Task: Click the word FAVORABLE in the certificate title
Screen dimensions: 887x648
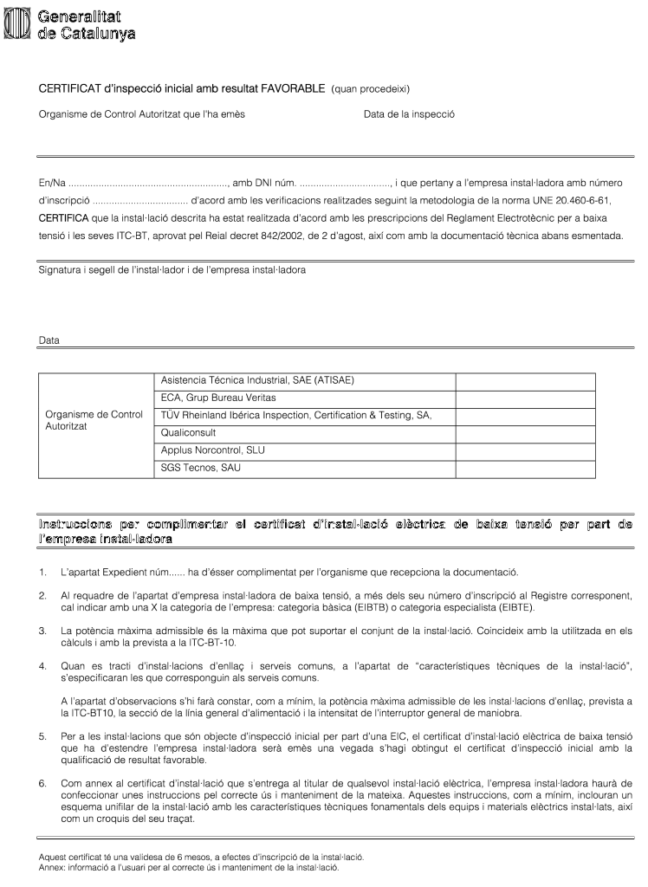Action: (x=293, y=89)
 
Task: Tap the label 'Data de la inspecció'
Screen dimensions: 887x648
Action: (x=409, y=114)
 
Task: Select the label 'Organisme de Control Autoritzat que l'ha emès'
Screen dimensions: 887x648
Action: (x=142, y=114)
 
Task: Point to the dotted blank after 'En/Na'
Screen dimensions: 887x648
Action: (x=147, y=183)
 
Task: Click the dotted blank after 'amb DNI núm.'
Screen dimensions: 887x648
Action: (x=346, y=183)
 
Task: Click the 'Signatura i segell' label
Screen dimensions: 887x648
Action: (x=172, y=270)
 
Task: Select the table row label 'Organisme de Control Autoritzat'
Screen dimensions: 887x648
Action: (x=94, y=421)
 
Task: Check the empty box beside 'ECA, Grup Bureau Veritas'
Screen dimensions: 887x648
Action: (x=525, y=398)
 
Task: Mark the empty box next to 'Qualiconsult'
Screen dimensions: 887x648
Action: (x=525, y=433)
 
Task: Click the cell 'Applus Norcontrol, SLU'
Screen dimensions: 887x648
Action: (x=213, y=450)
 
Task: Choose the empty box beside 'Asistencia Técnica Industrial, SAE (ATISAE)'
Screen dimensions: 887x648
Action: (x=525, y=381)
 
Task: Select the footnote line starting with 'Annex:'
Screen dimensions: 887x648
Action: (x=189, y=866)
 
